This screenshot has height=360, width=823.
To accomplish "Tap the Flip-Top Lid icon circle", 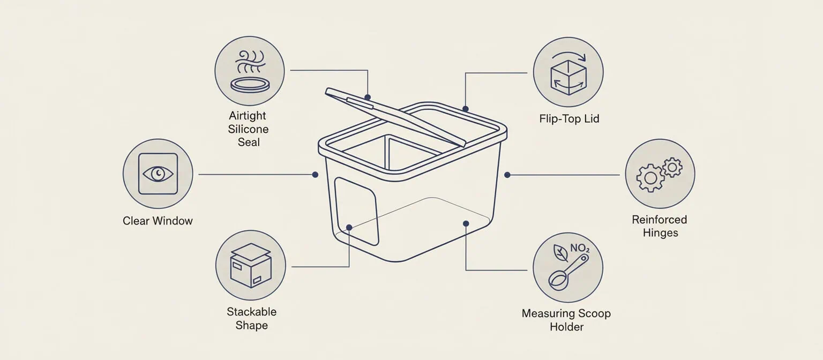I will tap(568, 72).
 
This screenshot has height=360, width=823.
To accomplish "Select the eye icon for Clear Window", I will tap(158, 174).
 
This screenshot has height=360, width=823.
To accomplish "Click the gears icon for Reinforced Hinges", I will tap(660, 174).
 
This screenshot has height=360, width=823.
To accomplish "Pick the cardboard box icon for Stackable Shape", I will tap(251, 266).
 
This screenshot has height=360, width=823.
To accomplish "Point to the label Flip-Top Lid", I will tap(569, 118).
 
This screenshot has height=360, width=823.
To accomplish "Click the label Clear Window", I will tap(158, 221).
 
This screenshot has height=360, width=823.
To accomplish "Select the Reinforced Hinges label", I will tap(659, 226).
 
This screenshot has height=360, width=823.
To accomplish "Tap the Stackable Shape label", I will tap(251, 318).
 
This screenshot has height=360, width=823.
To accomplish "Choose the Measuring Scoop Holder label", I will tap(566, 320).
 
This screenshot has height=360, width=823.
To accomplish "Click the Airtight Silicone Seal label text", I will tap(248, 129).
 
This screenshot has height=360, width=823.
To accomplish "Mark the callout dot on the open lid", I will tap(368, 97).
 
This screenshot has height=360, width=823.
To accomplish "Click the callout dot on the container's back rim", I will tap(465, 109).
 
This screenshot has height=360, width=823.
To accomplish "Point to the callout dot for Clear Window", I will tap(315, 174).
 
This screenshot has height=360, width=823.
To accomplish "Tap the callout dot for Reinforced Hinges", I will tap(507, 175).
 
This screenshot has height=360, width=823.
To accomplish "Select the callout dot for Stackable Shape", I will tap(349, 228).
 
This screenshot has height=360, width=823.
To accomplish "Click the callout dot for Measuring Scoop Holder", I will tap(466, 223).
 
